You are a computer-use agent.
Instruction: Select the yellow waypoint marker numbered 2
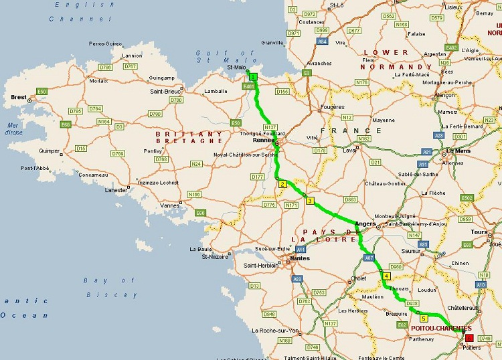(282, 184)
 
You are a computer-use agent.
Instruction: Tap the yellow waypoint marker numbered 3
(309, 200)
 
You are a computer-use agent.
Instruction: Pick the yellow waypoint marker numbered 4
(386, 276)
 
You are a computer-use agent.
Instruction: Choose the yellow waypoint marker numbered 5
(424, 319)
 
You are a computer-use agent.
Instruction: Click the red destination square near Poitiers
(469, 337)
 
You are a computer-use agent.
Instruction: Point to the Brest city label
(19, 97)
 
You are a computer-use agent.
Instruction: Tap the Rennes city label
(261, 141)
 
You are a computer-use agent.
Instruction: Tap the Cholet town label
(359, 278)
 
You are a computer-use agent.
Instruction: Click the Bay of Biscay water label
(110, 286)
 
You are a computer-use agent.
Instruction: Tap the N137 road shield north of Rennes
(270, 126)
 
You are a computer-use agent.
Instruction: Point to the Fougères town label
(332, 106)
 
